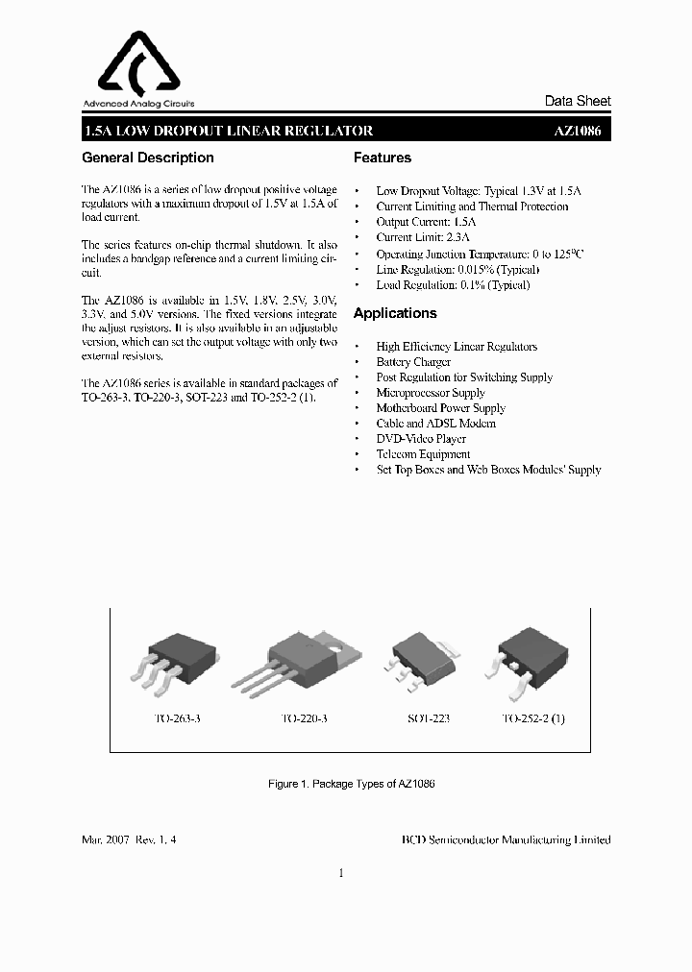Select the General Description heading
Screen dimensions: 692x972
click(x=148, y=158)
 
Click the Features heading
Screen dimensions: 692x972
click(x=382, y=158)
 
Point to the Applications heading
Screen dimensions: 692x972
click(x=394, y=313)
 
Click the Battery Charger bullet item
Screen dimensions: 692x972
click(x=413, y=362)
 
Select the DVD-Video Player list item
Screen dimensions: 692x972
click(x=421, y=439)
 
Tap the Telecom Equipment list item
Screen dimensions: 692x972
click(x=423, y=454)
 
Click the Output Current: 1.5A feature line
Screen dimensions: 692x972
click(x=426, y=222)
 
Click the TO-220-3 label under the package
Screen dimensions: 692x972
click(x=304, y=718)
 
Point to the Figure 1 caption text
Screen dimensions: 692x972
click(x=352, y=784)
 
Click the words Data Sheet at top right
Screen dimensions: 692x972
click(x=578, y=101)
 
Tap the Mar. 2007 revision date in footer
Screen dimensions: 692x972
click(x=129, y=839)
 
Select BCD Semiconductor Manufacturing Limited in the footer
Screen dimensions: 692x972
click(x=506, y=839)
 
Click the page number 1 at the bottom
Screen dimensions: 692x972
click(x=341, y=873)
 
